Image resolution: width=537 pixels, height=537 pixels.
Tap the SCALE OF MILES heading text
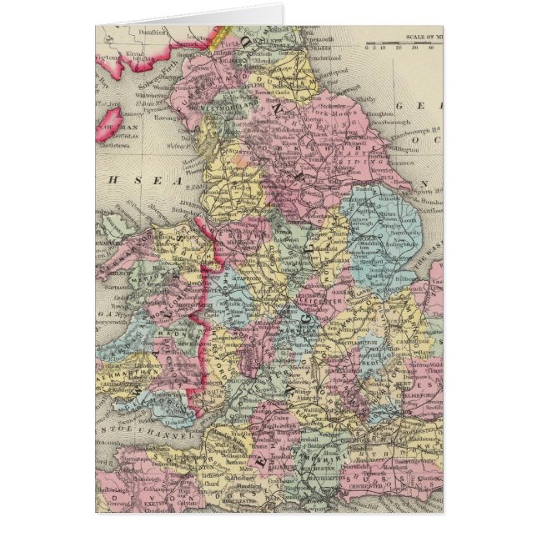[x=422, y=36]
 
